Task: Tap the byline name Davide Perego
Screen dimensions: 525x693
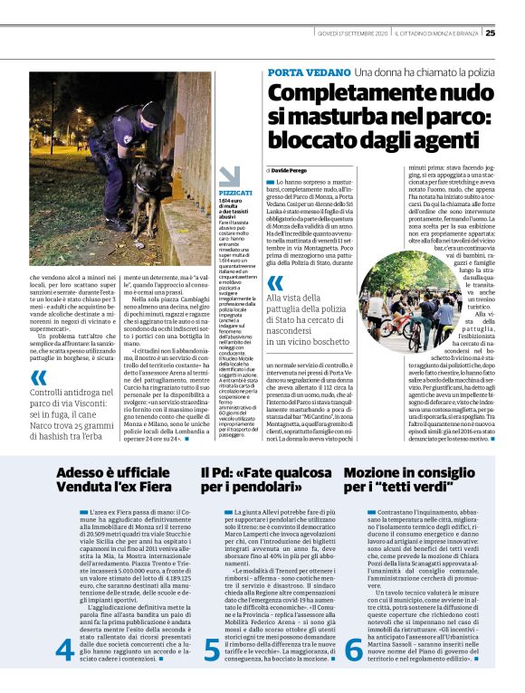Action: coord(294,169)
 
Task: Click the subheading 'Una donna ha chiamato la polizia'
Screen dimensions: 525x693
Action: coord(420,71)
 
